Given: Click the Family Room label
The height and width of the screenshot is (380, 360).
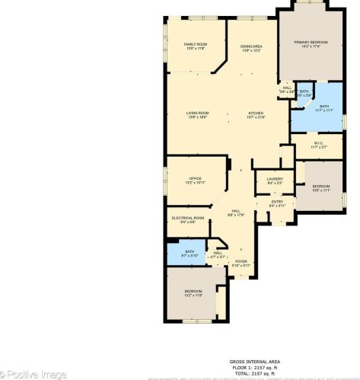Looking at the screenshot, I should [x=196, y=45].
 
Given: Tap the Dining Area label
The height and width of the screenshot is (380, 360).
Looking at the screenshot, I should [x=251, y=47].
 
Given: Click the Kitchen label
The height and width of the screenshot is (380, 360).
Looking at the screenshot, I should [x=254, y=113].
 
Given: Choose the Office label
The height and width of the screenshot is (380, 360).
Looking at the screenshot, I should [x=195, y=180].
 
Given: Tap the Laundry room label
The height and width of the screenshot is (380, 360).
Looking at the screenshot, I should [x=275, y=180].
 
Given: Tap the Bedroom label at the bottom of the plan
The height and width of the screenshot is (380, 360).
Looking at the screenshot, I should [x=193, y=292].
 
